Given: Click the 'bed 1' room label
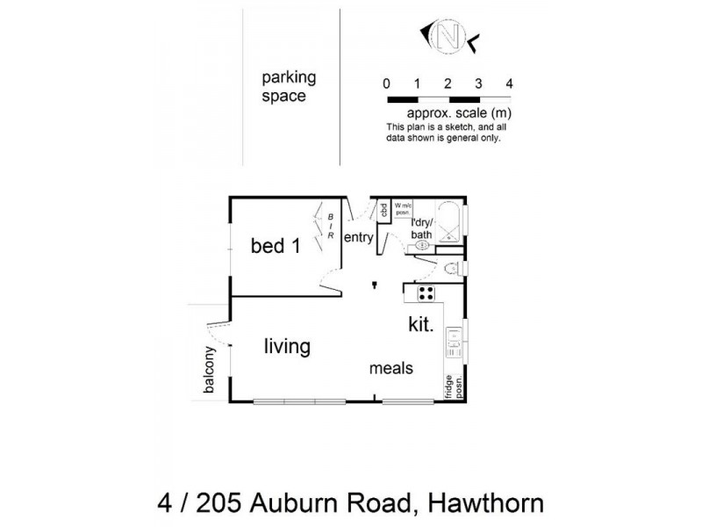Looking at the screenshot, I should tap(275, 246).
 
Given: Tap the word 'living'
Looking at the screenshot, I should tap(287, 347).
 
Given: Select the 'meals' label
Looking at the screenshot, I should tap(390, 369).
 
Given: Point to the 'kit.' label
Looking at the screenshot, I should tap(420, 324).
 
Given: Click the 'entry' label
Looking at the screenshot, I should tap(358, 238).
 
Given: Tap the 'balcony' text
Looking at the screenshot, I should tap(210, 373).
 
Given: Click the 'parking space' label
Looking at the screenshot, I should tap(288, 86).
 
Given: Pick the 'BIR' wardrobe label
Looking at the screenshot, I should tap(330, 229).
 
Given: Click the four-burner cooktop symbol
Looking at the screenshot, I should tap(426, 293).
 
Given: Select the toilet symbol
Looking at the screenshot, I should tap(451, 269).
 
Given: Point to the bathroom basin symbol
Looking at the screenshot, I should tap(421, 246).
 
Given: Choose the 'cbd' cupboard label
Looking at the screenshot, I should tap(383, 210).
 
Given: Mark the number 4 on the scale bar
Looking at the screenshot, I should tap(509, 83).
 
